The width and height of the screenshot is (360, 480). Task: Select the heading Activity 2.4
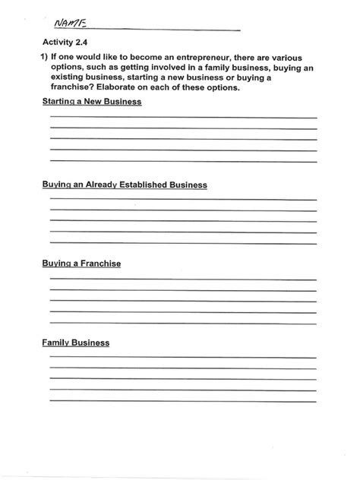tap(65, 44)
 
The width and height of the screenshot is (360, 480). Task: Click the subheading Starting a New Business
tap(92, 102)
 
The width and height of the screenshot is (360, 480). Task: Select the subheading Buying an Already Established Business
tap(125, 185)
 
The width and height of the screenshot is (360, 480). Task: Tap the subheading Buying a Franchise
tap(81, 264)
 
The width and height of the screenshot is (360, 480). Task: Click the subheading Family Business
tap(76, 343)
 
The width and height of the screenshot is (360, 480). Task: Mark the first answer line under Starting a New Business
tap(183, 118)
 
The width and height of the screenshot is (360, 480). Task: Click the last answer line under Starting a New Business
tap(183, 161)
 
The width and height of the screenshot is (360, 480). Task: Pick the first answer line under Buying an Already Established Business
tap(183, 201)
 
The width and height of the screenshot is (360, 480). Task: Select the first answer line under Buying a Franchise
tap(183, 279)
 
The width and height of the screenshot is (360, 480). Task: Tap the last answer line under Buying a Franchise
tap(183, 323)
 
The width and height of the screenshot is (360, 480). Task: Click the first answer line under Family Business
tap(183, 358)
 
